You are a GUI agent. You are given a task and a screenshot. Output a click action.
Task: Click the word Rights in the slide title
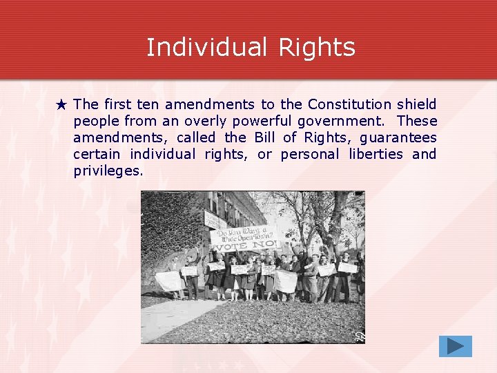(317, 47)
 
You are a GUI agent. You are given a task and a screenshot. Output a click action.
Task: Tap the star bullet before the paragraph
(61, 105)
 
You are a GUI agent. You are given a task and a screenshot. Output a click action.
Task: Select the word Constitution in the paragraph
(349, 104)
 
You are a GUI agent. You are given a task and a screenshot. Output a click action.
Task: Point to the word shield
(417, 104)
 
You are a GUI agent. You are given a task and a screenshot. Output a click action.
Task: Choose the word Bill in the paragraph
(266, 137)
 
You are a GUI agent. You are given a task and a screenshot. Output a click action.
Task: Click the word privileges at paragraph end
(108, 171)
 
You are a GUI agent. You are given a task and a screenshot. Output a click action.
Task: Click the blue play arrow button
(455, 346)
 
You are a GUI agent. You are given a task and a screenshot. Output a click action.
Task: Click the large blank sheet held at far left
(170, 280)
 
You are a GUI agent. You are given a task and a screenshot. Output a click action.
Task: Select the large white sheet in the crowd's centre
(285, 280)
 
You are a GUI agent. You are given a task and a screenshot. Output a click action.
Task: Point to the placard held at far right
(347, 267)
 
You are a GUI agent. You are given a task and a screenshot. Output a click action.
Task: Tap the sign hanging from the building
(215, 220)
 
